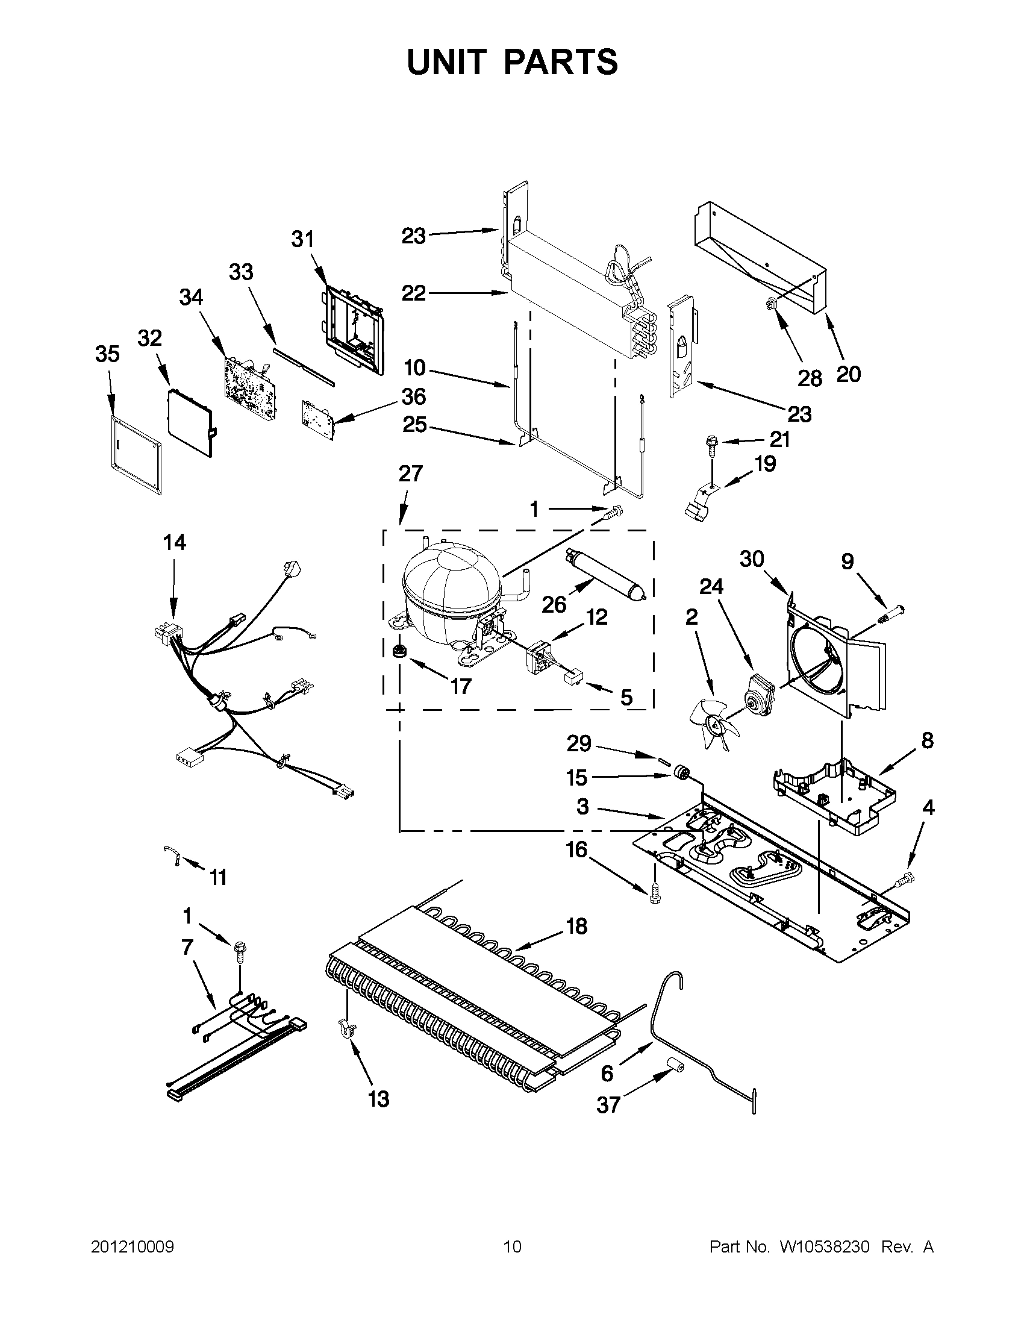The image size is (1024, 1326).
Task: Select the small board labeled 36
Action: (x=318, y=418)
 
